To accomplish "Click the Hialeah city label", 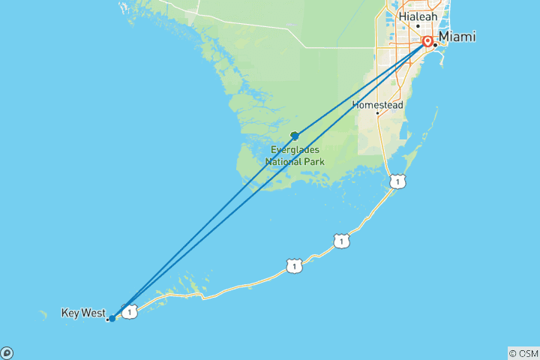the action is coord(418,16).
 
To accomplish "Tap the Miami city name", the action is coord(457,37).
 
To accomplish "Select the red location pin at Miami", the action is coord(427,42).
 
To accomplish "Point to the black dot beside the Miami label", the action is coord(435,45).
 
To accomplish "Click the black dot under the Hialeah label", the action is coord(418,25).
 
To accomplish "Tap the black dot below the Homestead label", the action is coord(377,113).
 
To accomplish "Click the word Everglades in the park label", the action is coord(294,149).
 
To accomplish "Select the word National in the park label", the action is coord(283,160).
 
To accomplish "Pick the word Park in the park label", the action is coord(314,160).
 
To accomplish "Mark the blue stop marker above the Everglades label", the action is coord(295,136).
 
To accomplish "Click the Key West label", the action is coord(82,312).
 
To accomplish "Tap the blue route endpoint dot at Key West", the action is coord(112,319).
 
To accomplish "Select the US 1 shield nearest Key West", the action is coord(130,311).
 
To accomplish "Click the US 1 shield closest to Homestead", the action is coord(397,181).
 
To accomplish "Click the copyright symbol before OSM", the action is coord(513,352).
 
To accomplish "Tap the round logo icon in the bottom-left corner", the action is coord(6,353).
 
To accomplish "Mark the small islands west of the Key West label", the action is coord(46,313).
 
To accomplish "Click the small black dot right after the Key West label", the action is coord(107,319).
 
